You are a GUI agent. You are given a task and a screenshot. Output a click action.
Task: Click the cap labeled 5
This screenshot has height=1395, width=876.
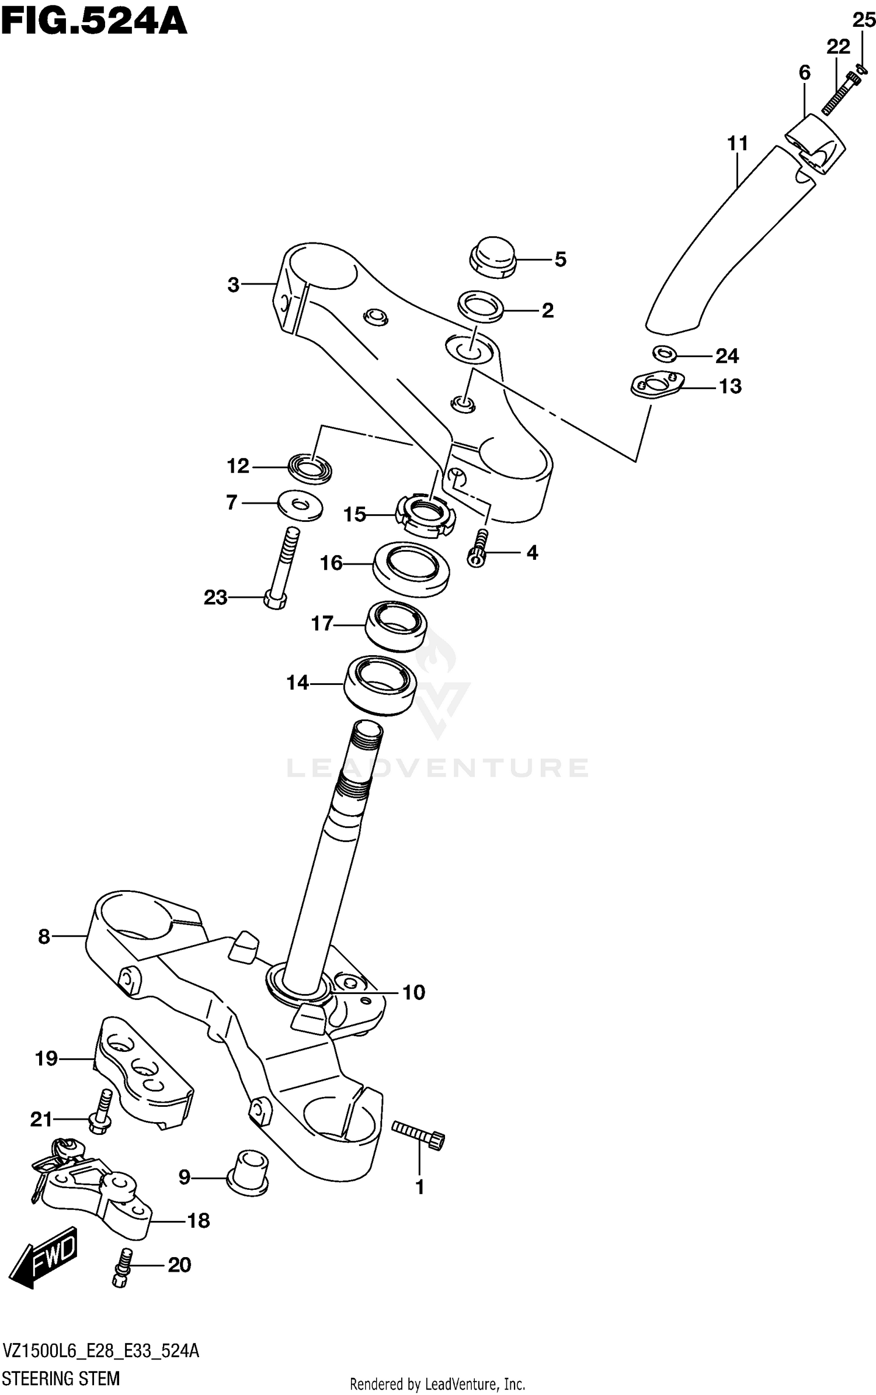[x=493, y=257]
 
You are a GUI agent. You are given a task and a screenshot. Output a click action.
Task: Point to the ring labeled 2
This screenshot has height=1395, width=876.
[x=481, y=306]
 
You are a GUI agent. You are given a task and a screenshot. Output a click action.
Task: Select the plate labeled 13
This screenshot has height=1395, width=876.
[x=657, y=386]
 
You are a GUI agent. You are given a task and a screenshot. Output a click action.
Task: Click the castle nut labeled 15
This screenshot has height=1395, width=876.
[x=425, y=514]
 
